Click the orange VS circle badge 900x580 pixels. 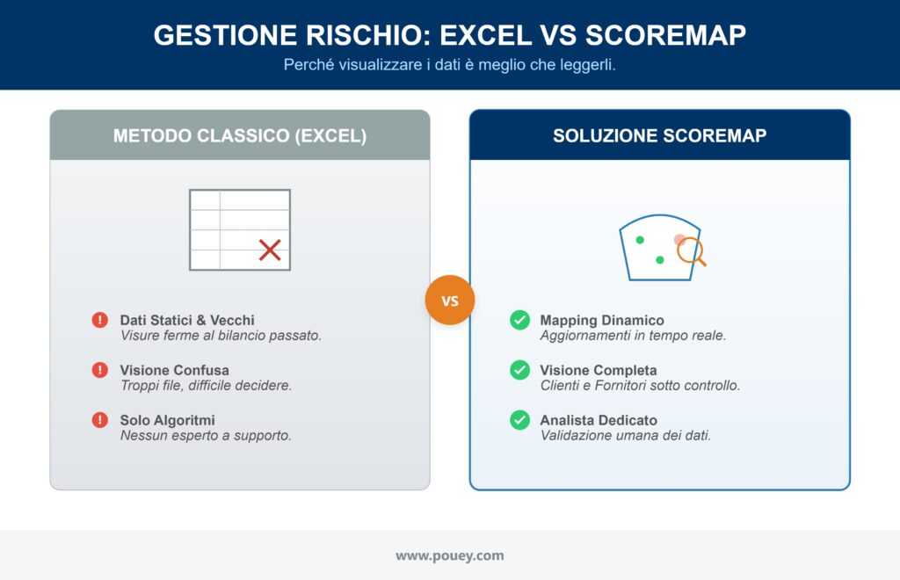(x=449, y=301)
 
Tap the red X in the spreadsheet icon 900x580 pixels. (x=270, y=250)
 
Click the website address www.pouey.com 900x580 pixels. (x=449, y=555)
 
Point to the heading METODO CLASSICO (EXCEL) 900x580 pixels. (x=240, y=136)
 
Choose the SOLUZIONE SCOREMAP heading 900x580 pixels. (x=659, y=136)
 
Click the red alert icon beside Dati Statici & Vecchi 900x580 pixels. (x=100, y=321)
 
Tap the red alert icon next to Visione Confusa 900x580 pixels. (x=100, y=371)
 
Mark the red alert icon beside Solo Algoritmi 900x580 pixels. (x=100, y=421)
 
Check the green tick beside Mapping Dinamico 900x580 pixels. (x=519, y=321)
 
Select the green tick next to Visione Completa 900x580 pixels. (x=519, y=371)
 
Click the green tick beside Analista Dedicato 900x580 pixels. (x=519, y=421)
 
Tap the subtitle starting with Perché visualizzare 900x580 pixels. (x=449, y=66)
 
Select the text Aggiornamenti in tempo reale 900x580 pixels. (x=633, y=336)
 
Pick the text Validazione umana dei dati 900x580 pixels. (x=625, y=436)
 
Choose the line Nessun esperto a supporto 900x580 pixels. (x=206, y=436)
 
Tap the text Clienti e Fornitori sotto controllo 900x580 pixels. (x=640, y=386)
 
